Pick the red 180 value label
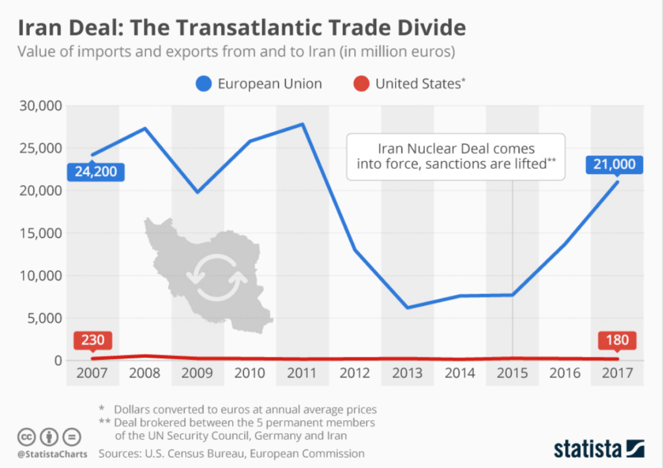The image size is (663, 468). tap(616, 340)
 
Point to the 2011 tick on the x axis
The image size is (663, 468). tap(302, 373)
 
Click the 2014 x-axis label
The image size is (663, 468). tap(459, 373)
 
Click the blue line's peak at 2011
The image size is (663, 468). tap(302, 124)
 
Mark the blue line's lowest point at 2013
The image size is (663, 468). tap(407, 307)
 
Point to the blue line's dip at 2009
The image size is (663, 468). tap(197, 192)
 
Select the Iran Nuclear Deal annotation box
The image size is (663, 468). tap(455, 156)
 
